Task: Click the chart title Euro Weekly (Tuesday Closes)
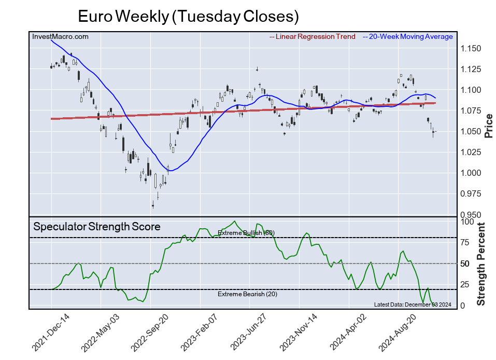click(188, 16)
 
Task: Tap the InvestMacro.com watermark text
click(60, 36)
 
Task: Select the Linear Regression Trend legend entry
click(313, 36)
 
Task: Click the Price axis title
click(488, 124)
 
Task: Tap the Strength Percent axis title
click(481, 264)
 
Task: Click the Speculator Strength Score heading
click(97, 227)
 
